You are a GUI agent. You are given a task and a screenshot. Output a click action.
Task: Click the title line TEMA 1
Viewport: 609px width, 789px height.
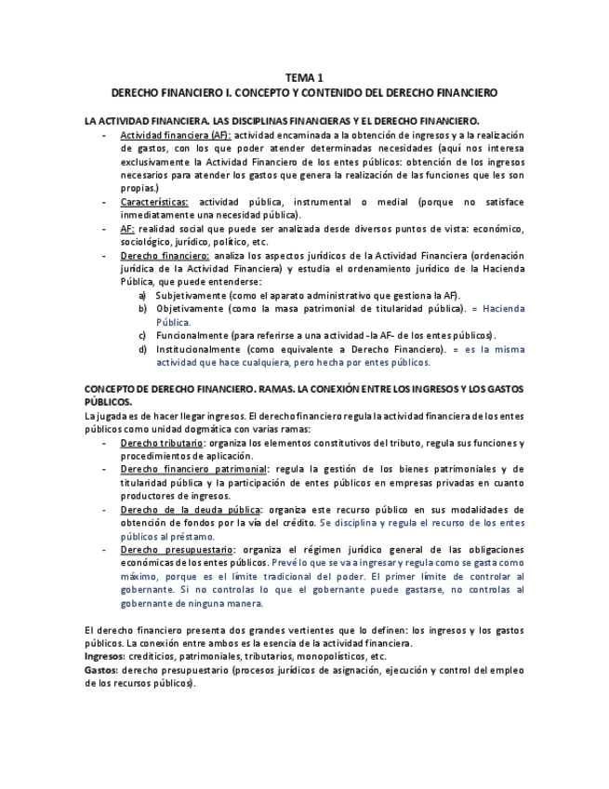pos(304,79)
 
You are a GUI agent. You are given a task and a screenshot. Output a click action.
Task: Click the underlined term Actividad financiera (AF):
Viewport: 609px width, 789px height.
pos(176,135)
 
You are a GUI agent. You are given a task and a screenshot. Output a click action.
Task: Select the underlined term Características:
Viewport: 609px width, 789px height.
pos(154,202)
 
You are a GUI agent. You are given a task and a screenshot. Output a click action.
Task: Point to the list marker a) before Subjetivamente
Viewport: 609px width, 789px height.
pos(143,295)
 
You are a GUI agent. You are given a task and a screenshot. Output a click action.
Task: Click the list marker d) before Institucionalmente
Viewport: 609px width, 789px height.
pos(143,349)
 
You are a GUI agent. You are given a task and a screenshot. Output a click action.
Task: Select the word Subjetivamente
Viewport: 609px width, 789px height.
pos(192,295)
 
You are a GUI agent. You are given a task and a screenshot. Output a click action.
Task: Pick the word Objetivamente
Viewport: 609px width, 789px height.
pos(188,309)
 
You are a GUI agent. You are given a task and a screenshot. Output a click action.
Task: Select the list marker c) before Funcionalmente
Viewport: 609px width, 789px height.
pos(143,335)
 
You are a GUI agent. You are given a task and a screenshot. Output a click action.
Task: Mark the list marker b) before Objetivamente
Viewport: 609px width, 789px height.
pos(143,309)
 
